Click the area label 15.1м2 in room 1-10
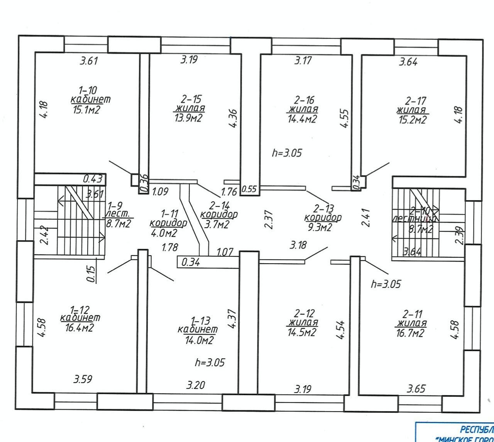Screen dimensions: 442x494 [x=86, y=110]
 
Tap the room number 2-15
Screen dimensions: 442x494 [x=189, y=100]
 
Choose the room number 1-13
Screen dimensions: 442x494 [x=200, y=320]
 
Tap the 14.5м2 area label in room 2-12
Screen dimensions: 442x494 [x=302, y=332]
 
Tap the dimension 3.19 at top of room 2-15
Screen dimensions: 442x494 [x=189, y=60]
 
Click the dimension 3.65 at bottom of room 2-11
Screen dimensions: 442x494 [x=416, y=388]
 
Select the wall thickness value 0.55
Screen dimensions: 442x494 [x=249, y=189]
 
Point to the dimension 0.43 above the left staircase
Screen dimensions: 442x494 [x=93, y=179]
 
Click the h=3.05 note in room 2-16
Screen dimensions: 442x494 [x=287, y=153]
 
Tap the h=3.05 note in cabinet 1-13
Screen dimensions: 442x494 [x=210, y=362]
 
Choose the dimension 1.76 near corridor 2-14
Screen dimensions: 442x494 [x=228, y=191]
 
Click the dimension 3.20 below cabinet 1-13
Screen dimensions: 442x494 [x=196, y=385]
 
